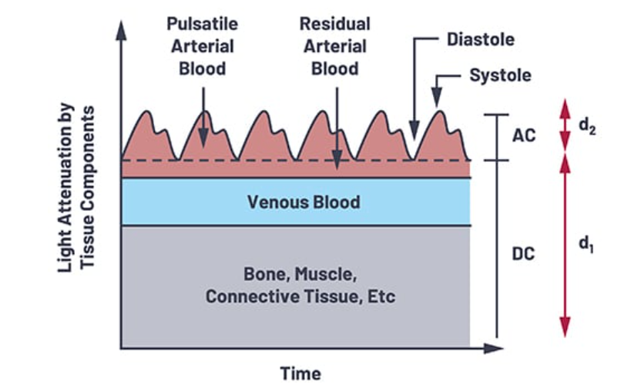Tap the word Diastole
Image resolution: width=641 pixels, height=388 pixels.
480,38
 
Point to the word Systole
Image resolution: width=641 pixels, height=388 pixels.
500,76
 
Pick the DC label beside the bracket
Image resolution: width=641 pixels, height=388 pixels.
523,252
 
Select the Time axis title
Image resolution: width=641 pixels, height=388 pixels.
300,373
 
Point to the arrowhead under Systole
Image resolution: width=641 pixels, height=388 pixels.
437,101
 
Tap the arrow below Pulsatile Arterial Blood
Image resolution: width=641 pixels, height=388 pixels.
203,115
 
